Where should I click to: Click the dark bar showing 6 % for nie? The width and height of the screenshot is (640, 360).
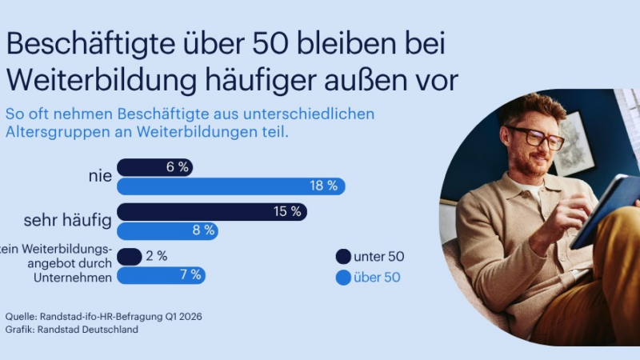pyautogui.click(x=154, y=167)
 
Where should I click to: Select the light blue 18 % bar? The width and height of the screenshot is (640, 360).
pyautogui.click(x=230, y=186)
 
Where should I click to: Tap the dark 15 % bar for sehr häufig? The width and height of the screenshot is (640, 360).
pyautogui.click(x=211, y=212)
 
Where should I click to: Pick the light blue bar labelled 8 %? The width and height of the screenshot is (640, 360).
pyautogui.click(x=167, y=230)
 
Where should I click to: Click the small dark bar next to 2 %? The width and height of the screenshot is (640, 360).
pyautogui.click(x=129, y=256)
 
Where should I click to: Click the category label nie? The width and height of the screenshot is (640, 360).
pyautogui.click(x=100, y=176)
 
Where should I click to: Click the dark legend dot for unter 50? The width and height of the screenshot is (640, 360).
pyautogui.click(x=344, y=257)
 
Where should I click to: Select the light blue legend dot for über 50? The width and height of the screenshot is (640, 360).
pyautogui.click(x=344, y=278)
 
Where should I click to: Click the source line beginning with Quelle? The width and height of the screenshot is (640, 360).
pyautogui.click(x=103, y=316)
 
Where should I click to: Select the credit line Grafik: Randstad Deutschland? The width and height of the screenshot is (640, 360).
pyautogui.click(x=71, y=329)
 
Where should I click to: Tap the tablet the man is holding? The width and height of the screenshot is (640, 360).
pyautogui.click(x=608, y=208)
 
